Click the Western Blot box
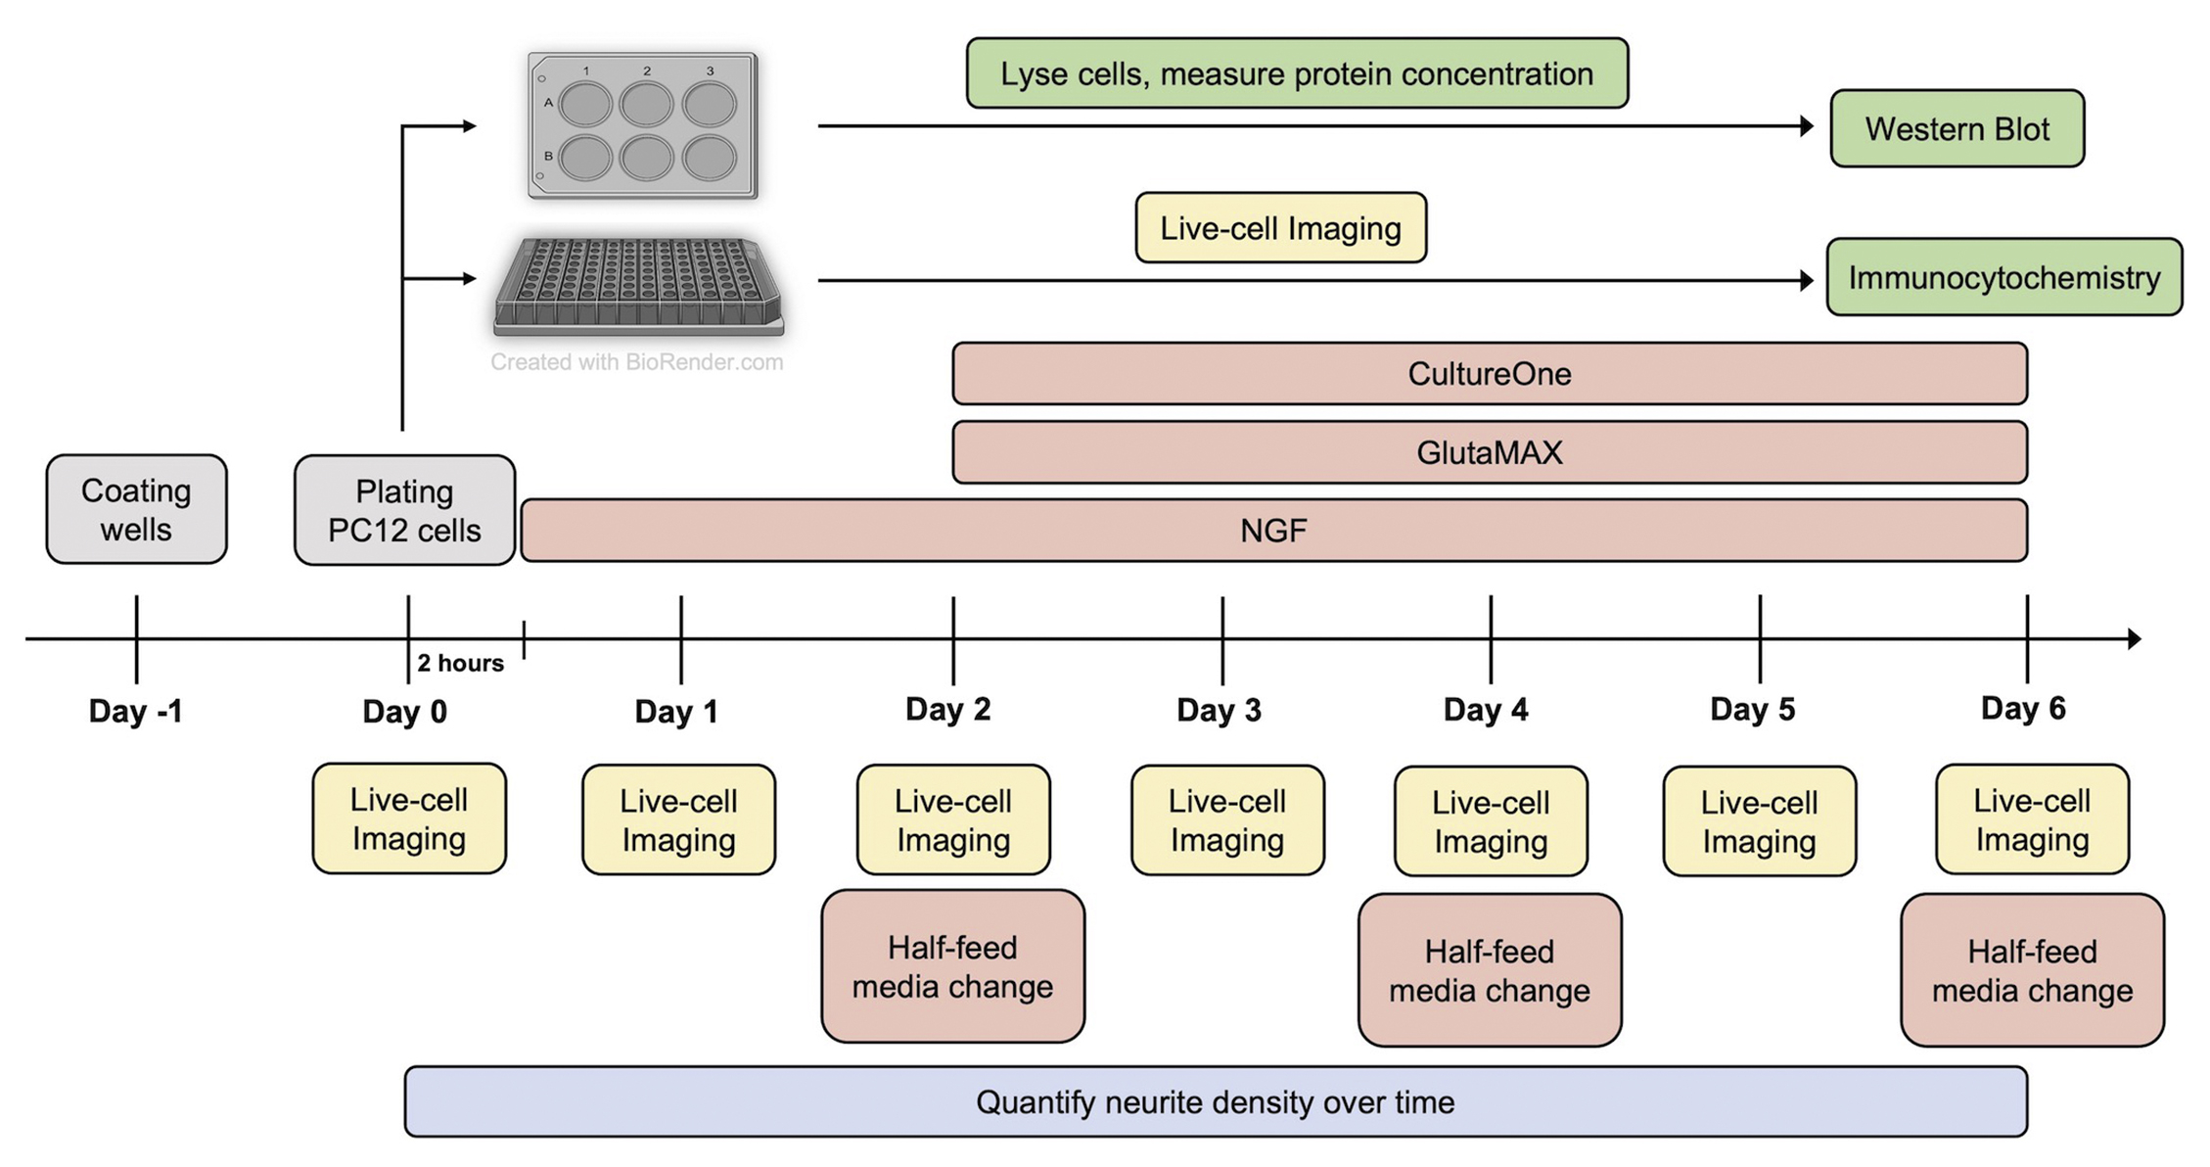(x=1957, y=129)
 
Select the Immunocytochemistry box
(x=2003, y=278)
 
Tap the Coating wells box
(x=136, y=509)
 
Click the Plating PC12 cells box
(x=404, y=510)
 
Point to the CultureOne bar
(x=1489, y=374)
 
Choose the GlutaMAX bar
(x=1489, y=452)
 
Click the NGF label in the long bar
(x=1272, y=531)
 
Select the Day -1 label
(x=135, y=711)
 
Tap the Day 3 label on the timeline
(x=1219, y=710)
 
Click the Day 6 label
(x=2022, y=708)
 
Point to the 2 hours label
(x=460, y=663)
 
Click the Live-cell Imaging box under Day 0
(x=409, y=818)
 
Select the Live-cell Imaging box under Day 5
(x=1759, y=820)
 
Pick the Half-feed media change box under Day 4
(x=1489, y=970)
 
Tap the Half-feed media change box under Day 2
(x=952, y=966)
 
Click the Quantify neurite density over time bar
(x=1215, y=1102)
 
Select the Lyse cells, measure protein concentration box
(x=1297, y=73)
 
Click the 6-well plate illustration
(x=642, y=125)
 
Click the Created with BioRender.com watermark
(x=636, y=362)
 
